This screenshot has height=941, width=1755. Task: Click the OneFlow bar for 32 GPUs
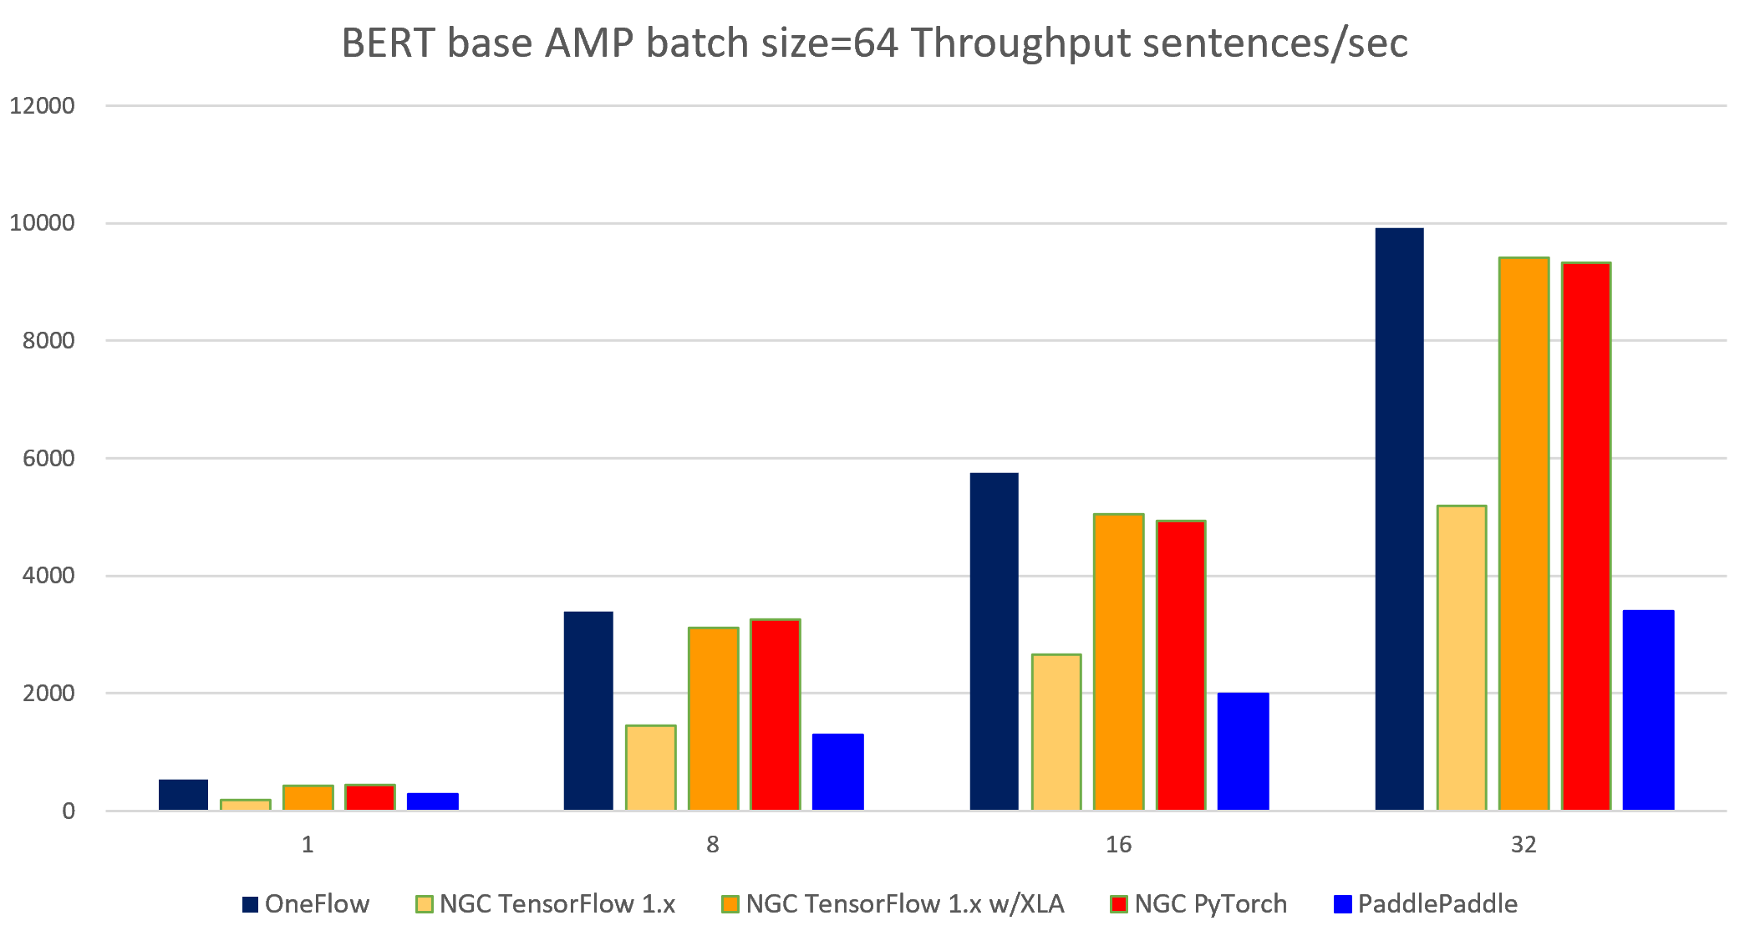point(1399,518)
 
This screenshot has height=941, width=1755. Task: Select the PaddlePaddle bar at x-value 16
point(1243,751)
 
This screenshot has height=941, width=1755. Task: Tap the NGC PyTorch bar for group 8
point(775,715)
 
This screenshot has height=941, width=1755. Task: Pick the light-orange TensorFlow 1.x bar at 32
point(1462,658)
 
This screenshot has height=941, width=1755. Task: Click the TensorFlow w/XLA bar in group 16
point(1118,662)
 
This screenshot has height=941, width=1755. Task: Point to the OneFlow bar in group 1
point(183,795)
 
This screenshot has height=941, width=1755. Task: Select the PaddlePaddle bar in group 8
point(837,772)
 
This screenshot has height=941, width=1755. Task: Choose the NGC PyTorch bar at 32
point(1585,536)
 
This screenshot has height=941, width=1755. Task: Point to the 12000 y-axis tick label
point(42,106)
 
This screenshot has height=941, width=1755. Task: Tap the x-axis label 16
point(1118,845)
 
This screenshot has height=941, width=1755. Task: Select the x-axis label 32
point(1524,845)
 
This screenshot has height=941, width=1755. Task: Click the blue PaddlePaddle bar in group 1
point(432,801)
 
